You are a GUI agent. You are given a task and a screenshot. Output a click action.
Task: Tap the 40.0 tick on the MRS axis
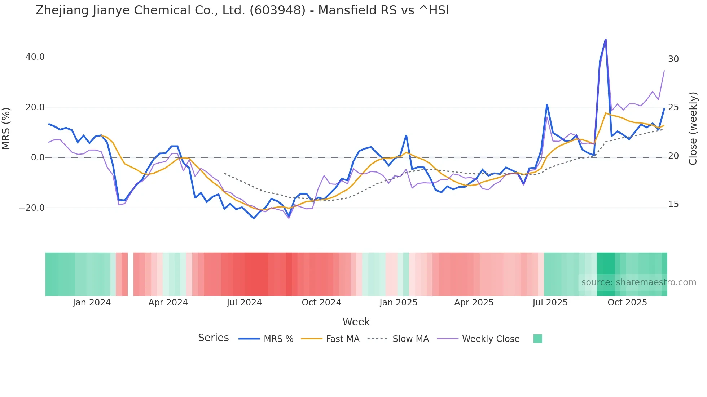[x=35, y=57]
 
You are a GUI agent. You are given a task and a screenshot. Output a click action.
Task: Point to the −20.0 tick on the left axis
[x=32, y=208]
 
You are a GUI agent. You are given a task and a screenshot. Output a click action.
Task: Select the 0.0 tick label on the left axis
[x=38, y=157]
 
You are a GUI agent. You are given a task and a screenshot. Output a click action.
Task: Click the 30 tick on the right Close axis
[x=673, y=59]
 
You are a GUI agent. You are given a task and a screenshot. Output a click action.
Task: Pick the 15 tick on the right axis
[x=673, y=204]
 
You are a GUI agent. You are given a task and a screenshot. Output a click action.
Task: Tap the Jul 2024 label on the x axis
[x=244, y=303]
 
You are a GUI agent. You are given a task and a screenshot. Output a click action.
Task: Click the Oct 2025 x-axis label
[x=627, y=303]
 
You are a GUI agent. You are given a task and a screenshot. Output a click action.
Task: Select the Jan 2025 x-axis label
[x=398, y=303]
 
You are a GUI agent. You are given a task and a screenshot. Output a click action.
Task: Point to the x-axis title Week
[x=356, y=322]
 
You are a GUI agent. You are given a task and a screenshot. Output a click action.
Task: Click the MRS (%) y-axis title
[x=6, y=128]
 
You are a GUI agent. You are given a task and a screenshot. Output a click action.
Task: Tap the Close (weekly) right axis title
[x=693, y=128]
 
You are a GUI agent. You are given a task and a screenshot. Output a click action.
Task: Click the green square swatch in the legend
[x=537, y=339]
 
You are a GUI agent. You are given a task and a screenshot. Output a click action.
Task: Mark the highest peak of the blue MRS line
[x=605, y=39]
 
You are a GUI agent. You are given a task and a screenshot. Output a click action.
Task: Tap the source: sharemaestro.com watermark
[x=638, y=282]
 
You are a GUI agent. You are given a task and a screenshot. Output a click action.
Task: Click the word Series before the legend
[x=213, y=338]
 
